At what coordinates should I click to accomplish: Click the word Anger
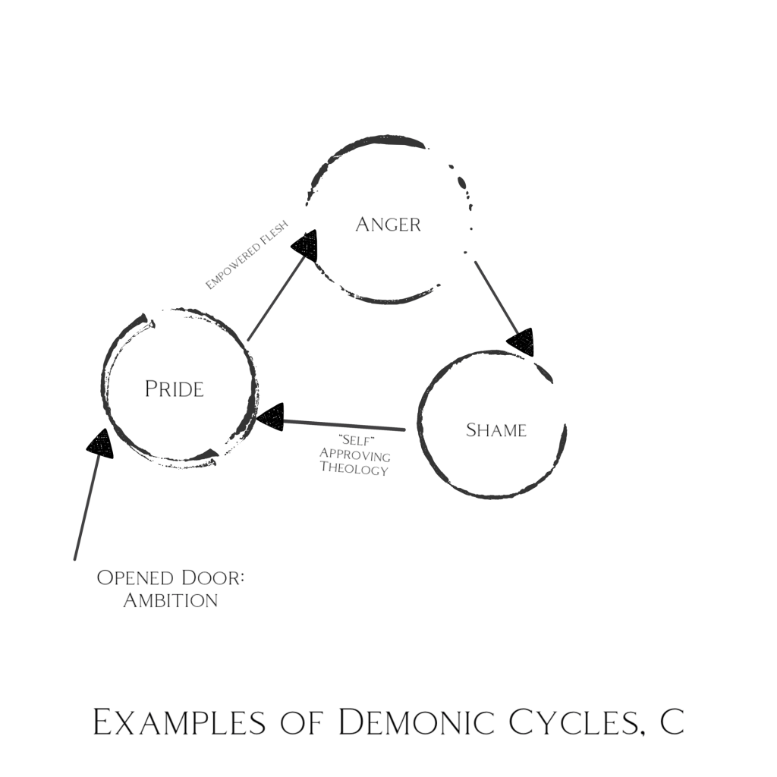388,225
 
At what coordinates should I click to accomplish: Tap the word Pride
175,389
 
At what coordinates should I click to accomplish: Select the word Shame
496,430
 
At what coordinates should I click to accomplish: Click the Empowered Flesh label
247,255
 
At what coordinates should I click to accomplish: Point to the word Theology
354,468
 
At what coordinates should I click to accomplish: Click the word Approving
355,455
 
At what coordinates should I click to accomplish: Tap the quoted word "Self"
355,441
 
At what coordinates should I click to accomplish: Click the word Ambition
171,601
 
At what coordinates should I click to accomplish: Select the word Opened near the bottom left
135,577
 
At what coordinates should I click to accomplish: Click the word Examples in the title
179,722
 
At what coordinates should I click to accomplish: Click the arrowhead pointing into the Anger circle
305,245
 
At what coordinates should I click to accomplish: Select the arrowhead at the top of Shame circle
521,342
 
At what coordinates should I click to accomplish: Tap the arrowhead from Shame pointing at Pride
270,417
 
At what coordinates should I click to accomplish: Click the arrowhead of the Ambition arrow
101,443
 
